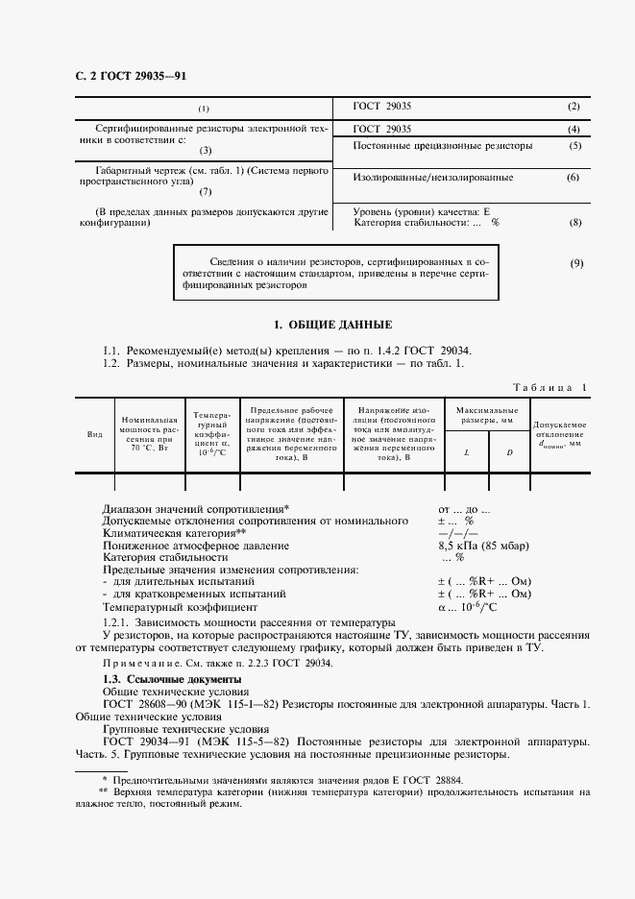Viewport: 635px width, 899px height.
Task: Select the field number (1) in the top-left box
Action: [204, 108]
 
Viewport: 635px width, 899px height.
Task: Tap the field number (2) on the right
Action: [574, 106]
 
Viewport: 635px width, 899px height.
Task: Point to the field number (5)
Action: [574, 146]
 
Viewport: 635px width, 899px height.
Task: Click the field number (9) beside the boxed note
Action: [576, 263]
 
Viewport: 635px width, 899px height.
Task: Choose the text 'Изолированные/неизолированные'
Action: [433, 178]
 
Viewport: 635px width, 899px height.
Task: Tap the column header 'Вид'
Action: [95, 434]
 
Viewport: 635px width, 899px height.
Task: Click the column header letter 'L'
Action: [467, 450]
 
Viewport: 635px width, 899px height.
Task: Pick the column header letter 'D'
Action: [509, 450]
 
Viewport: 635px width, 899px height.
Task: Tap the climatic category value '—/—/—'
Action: [458, 532]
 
